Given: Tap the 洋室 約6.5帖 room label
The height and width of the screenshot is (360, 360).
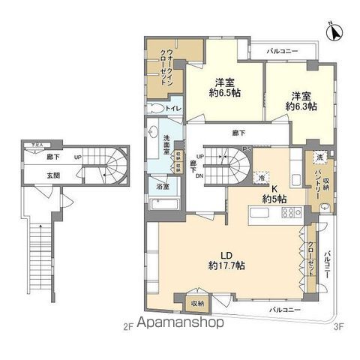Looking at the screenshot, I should click(x=223, y=88).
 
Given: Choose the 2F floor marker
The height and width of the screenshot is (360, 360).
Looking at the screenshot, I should click(x=127, y=325).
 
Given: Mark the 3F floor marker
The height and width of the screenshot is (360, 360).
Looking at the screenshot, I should click(x=338, y=325).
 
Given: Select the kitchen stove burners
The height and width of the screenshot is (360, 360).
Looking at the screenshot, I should click(x=289, y=214).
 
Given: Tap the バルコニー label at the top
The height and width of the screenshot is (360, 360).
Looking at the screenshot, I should click(x=283, y=50).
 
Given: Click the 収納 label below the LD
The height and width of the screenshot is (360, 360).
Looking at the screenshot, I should click(x=197, y=304).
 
